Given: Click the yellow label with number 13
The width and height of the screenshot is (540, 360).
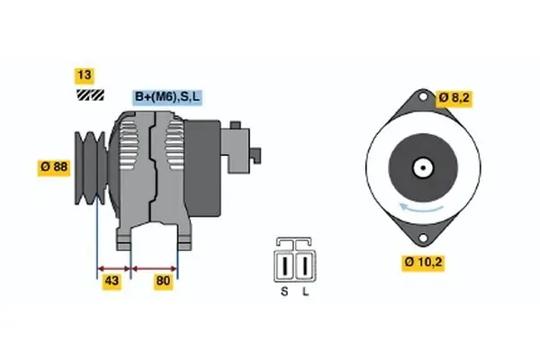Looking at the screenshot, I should pos(85,76).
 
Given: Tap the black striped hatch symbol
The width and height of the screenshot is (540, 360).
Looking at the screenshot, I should pos(89,94).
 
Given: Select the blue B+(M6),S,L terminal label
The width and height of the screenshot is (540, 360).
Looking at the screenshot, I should pos(168,96).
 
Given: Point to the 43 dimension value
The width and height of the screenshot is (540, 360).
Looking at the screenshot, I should pos(113,283).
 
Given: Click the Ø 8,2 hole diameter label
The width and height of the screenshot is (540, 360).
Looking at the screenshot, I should pos(455,96).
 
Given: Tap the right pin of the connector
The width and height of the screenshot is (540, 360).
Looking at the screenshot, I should pos(304,266).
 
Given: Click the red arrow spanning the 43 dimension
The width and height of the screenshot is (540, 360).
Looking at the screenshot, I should pos(113,268).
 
